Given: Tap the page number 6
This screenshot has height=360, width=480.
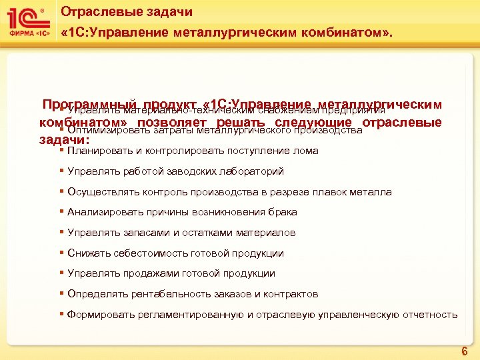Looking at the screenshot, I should [464, 351].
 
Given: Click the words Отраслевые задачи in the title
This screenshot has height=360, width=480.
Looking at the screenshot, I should [126, 12].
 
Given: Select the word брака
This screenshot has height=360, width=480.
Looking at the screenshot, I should [283, 212].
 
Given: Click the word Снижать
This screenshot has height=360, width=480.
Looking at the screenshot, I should [87, 253].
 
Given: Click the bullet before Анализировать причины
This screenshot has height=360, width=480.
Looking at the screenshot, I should [61, 212].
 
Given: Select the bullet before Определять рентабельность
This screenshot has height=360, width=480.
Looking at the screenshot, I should [61, 294].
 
